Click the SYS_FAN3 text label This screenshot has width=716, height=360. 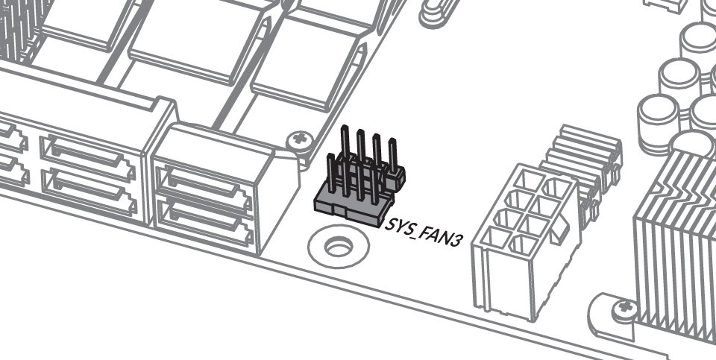pyautogui.click(x=421, y=232)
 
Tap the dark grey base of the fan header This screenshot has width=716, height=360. pyautogui.click(x=353, y=208)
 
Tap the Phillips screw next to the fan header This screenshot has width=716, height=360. pyautogui.click(x=300, y=138)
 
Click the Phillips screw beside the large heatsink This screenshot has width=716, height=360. pyautogui.click(x=626, y=308)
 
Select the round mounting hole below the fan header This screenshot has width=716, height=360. pyautogui.click(x=339, y=247)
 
